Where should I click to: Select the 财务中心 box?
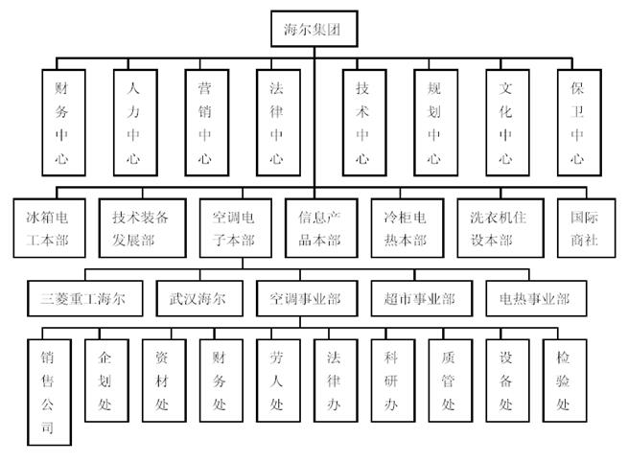[x=63, y=122]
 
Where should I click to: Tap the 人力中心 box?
[x=134, y=122]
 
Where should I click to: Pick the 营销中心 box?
[x=205, y=122]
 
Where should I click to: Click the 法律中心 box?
[x=276, y=122]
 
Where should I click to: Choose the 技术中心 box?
[x=362, y=122]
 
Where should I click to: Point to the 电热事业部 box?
[x=534, y=299]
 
